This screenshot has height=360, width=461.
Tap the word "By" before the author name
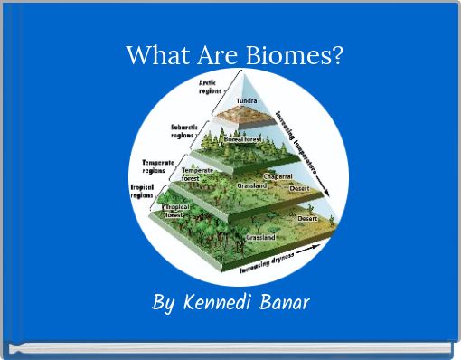[164, 303]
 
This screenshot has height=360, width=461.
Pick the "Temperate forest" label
[197, 175]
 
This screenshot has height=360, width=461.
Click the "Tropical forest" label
[174, 212]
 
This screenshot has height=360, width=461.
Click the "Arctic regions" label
[211, 87]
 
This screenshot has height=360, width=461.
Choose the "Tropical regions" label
[143, 192]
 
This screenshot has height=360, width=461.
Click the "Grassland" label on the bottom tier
[260, 237]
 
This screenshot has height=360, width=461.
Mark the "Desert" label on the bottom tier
[308, 219]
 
